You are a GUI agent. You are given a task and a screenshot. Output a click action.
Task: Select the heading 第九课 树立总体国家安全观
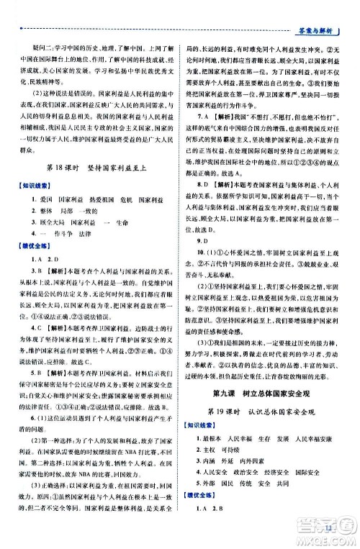pyautogui.click(x=269, y=411)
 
